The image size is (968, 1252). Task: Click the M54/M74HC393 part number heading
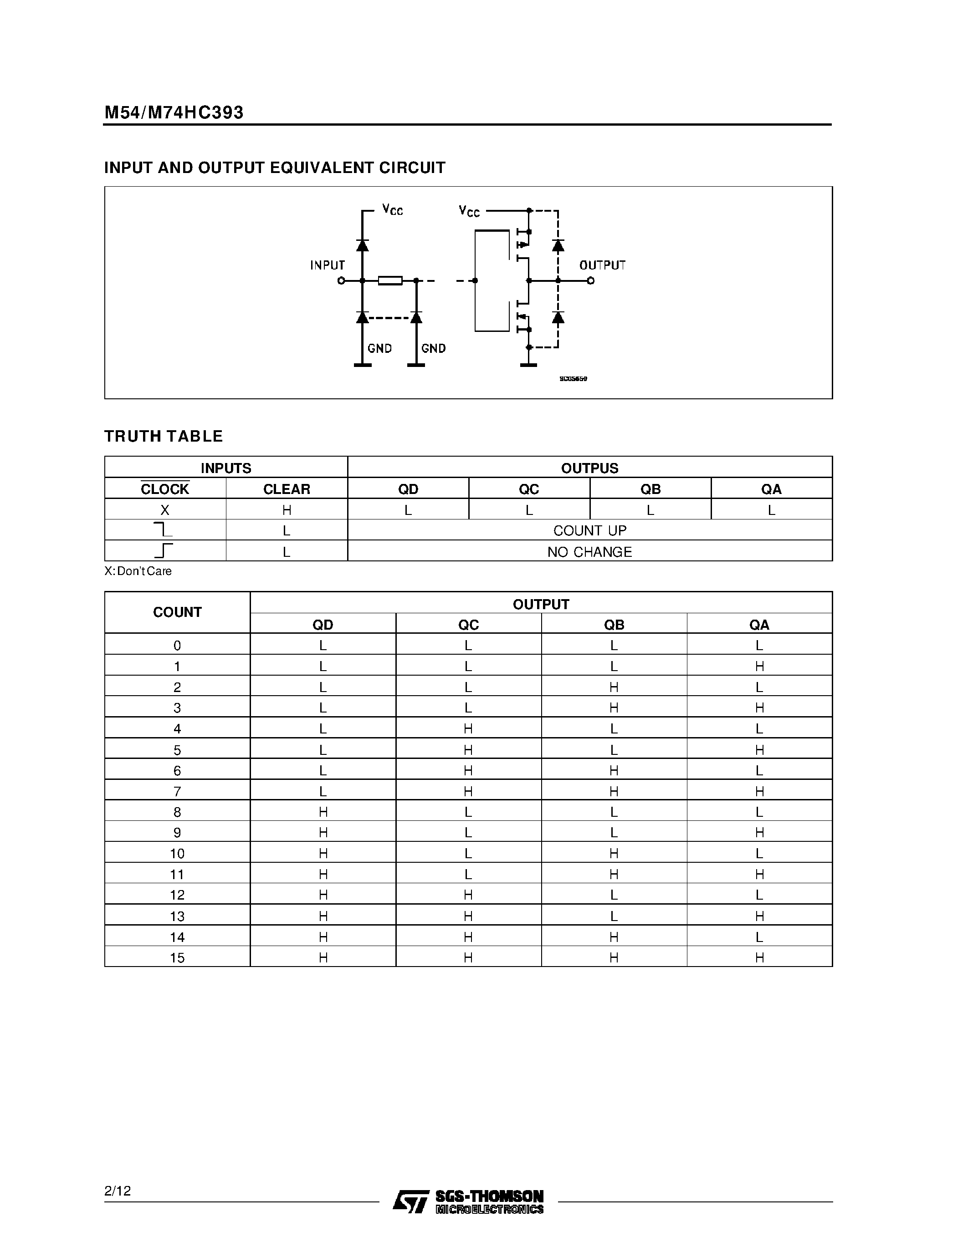click(174, 112)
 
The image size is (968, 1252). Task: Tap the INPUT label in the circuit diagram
click(328, 265)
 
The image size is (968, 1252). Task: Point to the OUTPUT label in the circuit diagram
click(602, 265)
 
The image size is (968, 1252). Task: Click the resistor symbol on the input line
click(390, 280)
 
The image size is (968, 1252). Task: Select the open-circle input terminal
click(341, 280)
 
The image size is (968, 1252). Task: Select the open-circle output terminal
click(591, 280)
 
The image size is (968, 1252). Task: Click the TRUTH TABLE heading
click(164, 436)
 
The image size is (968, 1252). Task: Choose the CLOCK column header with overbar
click(165, 489)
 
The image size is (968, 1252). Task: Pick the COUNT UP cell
click(589, 530)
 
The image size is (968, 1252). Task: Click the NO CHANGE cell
click(589, 551)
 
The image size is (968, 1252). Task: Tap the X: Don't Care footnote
click(138, 571)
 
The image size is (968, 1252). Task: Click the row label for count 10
click(177, 854)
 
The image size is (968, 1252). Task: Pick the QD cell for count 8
click(323, 812)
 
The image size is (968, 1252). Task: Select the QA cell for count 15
click(759, 957)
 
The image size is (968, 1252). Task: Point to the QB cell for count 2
click(614, 687)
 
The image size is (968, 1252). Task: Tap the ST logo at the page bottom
click(410, 1201)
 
